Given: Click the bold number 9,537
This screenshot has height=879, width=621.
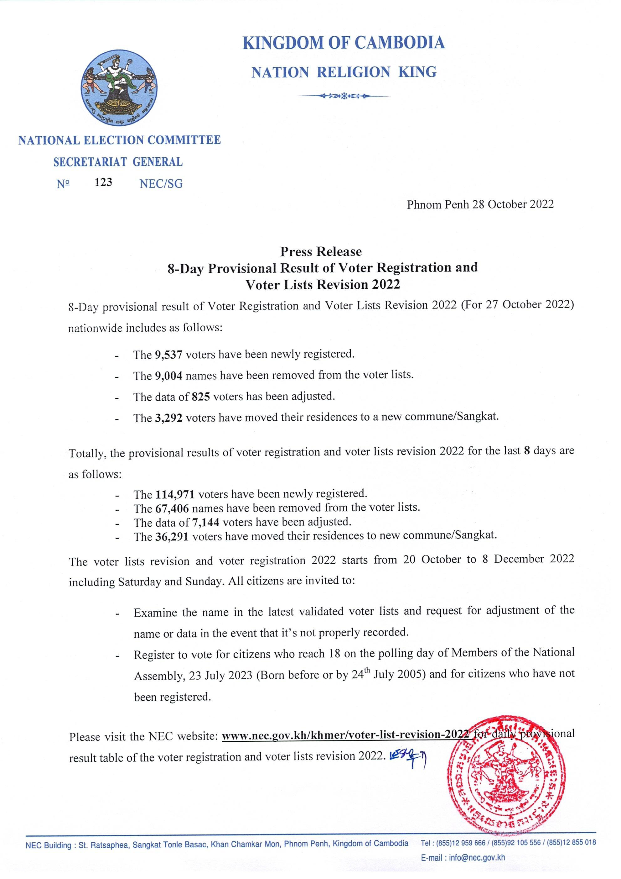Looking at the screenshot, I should coord(168,355).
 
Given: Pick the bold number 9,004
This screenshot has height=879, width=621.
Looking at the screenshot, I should coord(168,376).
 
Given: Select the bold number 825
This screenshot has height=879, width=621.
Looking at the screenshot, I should coord(201,397).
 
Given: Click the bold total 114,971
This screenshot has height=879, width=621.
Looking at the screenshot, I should coord(175,495).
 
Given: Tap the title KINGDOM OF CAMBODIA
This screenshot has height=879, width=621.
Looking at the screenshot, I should coord(344,43).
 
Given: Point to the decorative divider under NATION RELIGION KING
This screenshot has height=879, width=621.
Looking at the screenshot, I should coord(344,96).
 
